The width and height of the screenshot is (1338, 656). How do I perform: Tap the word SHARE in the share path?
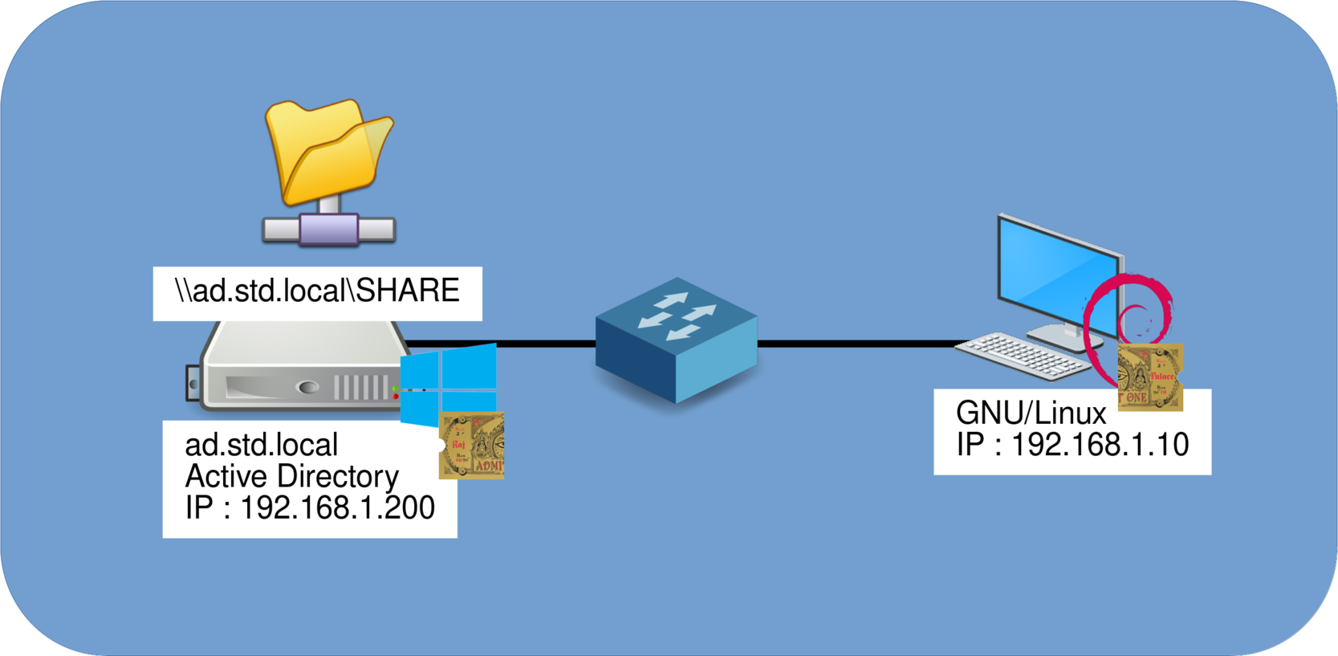408,291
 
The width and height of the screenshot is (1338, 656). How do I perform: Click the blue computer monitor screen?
1058,273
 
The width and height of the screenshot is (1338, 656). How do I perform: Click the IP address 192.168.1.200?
337,508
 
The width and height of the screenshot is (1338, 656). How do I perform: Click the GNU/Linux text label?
1031,414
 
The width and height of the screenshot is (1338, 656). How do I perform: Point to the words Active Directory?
291,477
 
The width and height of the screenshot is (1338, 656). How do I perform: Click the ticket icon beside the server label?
472,446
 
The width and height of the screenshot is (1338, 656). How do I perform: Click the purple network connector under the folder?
328,230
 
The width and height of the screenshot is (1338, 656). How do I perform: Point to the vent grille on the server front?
360,388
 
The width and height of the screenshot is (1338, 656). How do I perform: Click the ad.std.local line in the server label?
262,446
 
